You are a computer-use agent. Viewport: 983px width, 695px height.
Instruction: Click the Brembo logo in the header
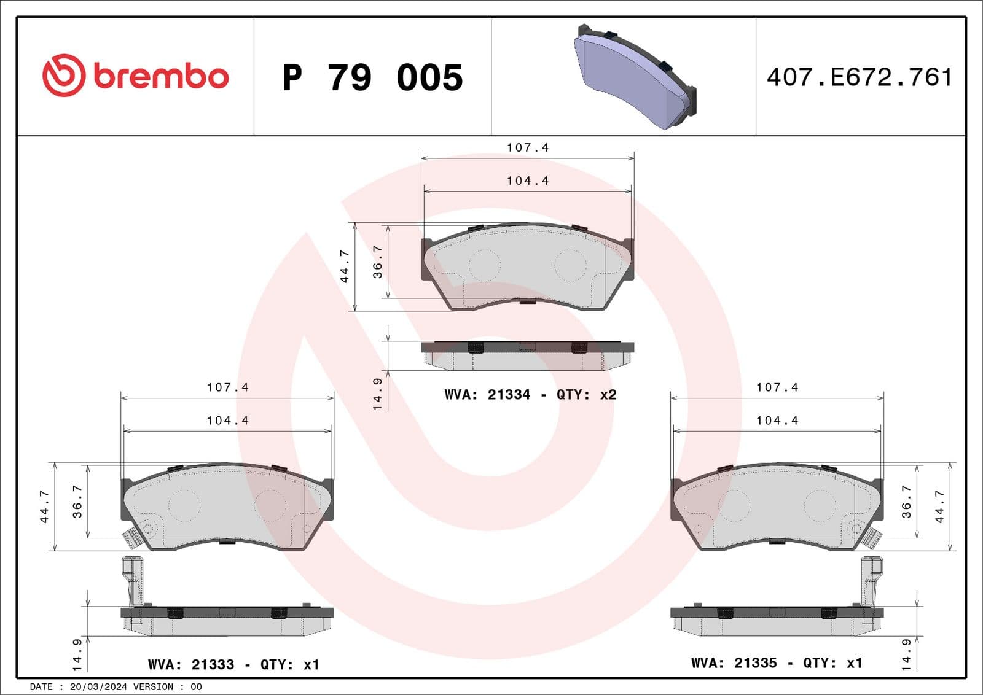[x=135, y=76]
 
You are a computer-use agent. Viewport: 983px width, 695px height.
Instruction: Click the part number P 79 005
[x=372, y=78]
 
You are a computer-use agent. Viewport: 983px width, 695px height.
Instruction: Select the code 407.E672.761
[x=859, y=77]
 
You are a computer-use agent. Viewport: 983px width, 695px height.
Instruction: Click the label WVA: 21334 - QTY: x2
[x=530, y=395]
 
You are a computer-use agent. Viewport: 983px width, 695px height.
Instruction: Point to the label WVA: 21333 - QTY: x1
[x=233, y=664]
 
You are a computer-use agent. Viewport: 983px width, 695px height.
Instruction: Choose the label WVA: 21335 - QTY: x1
[x=777, y=663]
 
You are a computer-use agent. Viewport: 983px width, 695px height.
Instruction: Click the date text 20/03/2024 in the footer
[x=98, y=687]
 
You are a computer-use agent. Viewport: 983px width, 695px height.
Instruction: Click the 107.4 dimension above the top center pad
[x=527, y=148]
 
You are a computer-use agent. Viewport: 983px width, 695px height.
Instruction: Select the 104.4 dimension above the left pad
[x=227, y=421]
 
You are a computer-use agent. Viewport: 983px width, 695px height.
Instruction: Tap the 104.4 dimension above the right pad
[x=777, y=421]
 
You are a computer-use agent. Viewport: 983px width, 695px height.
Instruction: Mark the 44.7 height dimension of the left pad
[x=44, y=507]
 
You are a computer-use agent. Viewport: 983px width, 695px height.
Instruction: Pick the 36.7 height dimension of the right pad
[x=906, y=502]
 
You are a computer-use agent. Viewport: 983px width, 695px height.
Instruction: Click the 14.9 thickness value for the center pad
[x=377, y=394]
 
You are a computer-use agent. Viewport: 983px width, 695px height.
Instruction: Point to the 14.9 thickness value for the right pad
[x=906, y=654]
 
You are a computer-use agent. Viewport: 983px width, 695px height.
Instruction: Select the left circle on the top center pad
[x=484, y=265]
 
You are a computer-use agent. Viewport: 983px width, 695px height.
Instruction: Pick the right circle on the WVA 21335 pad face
[x=820, y=505]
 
